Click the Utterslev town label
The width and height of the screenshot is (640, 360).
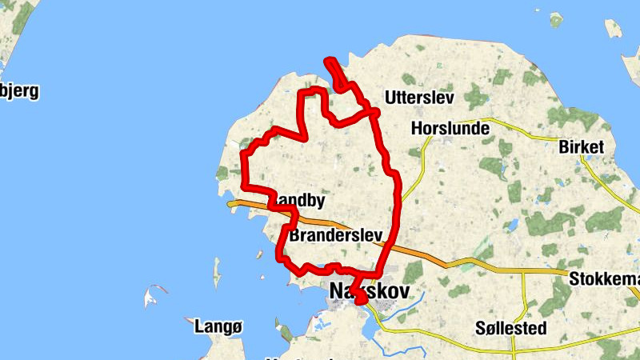coord(419,98)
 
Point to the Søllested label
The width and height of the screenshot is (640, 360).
coord(510,328)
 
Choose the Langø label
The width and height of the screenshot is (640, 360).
coord(218,326)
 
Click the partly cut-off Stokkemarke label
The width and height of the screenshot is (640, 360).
coord(604,279)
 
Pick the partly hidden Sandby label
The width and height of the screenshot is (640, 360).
coord(298,200)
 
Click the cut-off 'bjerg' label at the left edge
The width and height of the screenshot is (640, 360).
coord(19,90)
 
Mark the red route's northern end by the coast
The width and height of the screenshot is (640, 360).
coord(326,61)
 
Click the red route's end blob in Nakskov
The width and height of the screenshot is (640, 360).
coord(360,299)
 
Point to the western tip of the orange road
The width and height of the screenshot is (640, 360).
coord(230,204)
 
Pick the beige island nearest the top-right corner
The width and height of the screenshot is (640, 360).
coord(613,30)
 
